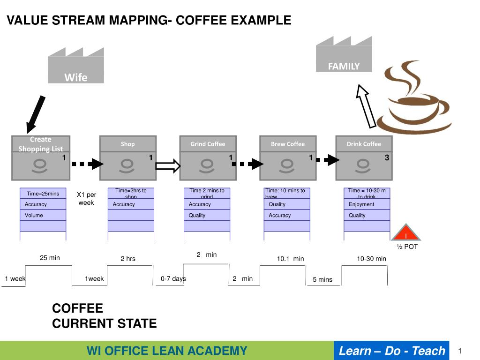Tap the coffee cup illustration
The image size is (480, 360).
pyautogui.click(x=412, y=98)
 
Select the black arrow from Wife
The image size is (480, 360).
pyautogui.click(x=36, y=114)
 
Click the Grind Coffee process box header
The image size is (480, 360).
pyautogui.click(x=208, y=144)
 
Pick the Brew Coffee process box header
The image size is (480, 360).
pyautogui.click(x=288, y=144)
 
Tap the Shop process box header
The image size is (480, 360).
pyautogui.click(x=127, y=144)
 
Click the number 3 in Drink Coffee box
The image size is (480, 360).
pyautogui.click(x=387, y=158)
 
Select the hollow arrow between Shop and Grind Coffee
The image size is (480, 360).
pyautogui.click(x=168, y=165)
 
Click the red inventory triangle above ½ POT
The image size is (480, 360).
pyautogui.click(x=406, y=233)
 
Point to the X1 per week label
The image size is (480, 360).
pyautogui.click(x=86, y=198)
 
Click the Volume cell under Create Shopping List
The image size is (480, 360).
pyautogui.click(x=43, y=215)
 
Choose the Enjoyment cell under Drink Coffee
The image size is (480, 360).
pyautogui.click(x=367, y=204)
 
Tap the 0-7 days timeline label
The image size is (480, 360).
pyautogui.click(x=173, y=278)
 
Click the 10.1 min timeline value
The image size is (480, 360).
pyautogui.click(x=290, y=258)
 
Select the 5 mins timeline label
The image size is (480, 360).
pyautogui.click(x=322, y=279)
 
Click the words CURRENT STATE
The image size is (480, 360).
pyautogui.click(x=104, y=323)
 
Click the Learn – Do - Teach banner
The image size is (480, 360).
pyautogui.click(x=391, y=351)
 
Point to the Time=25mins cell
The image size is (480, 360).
pyautogui.click(x=43, y=194)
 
